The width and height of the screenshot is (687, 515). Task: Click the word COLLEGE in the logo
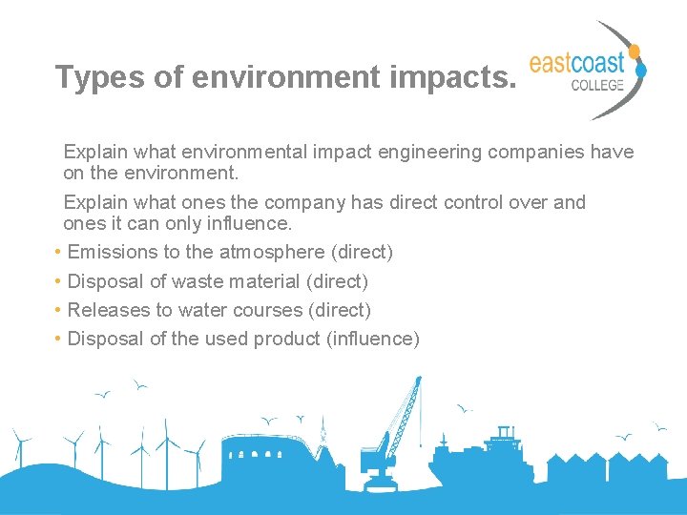click(597, 84)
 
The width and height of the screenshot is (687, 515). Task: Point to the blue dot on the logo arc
click(641, 69)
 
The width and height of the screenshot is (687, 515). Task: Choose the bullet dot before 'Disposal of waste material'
click(59, 281)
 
